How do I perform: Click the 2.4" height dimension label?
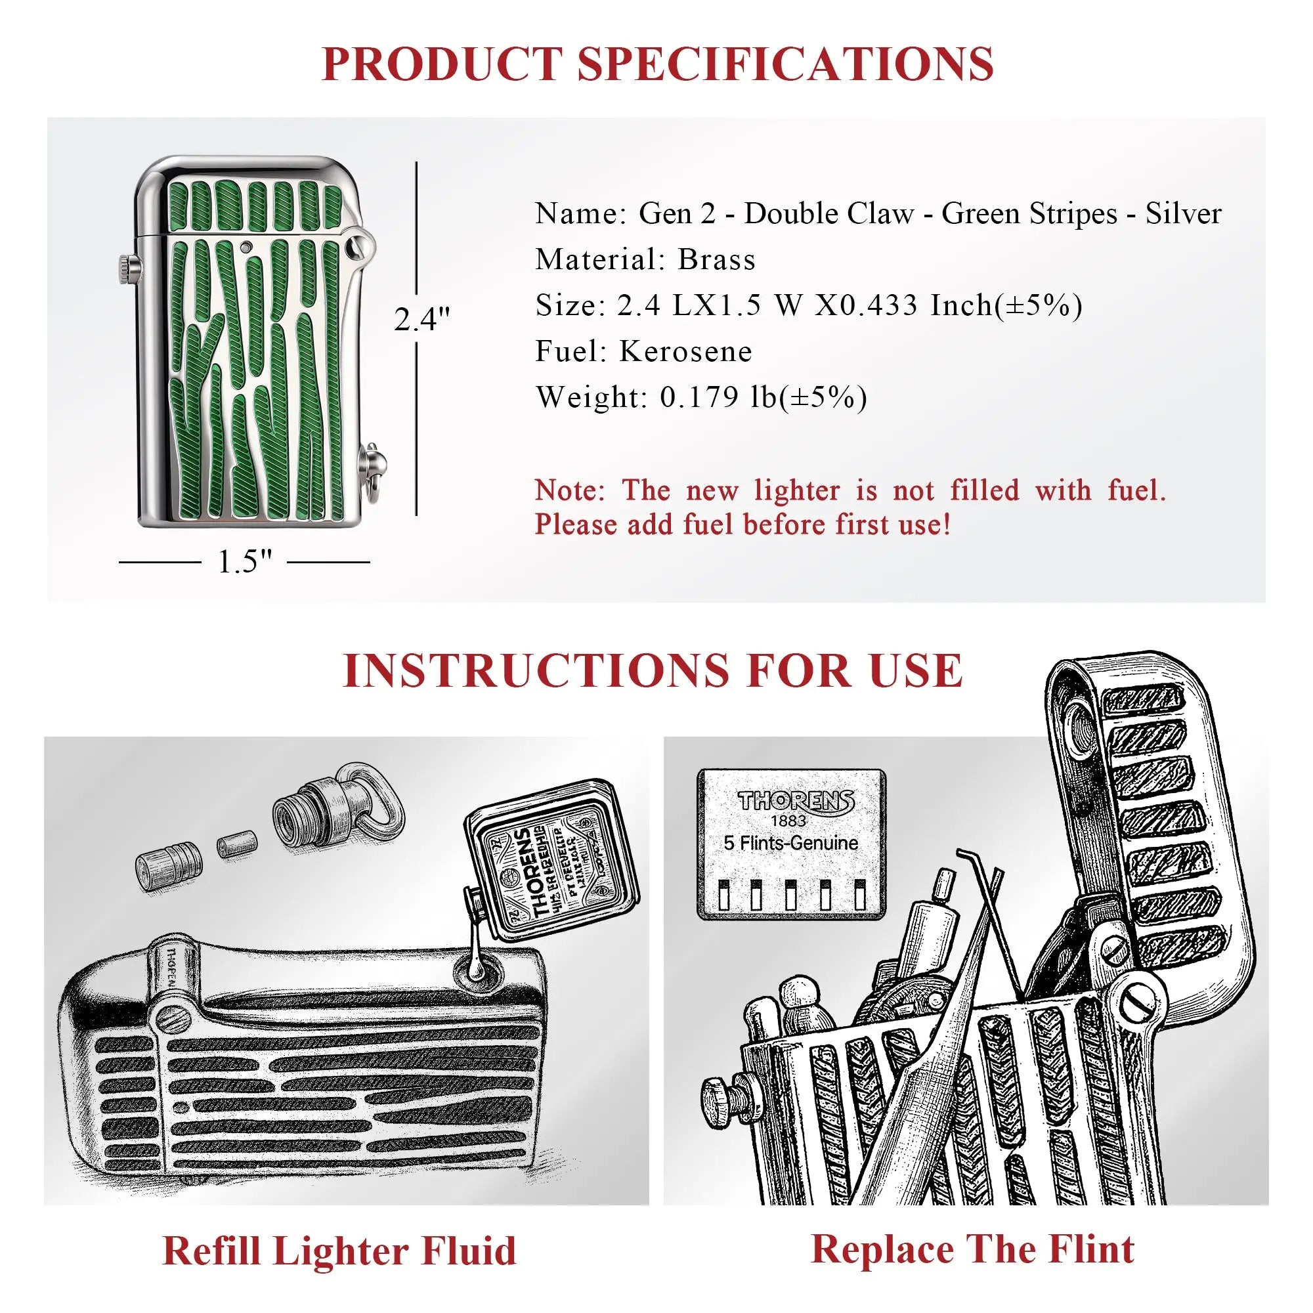click(x=421, y=320)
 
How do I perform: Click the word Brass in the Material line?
click(x=716, y=259)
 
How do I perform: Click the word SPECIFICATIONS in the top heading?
click(x=786, y=64)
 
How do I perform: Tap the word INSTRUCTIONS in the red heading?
click(x=536, y=671)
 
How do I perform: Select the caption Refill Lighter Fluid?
click(x=339, y=1251)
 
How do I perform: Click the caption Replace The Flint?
click(x=972, y=1249)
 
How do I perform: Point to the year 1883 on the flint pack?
click(x=788, y=820)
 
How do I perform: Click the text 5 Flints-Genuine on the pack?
click(x=790, y=844)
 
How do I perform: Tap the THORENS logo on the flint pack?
click(x=796, y=800)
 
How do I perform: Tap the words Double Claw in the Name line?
click(x=829, y=214)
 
